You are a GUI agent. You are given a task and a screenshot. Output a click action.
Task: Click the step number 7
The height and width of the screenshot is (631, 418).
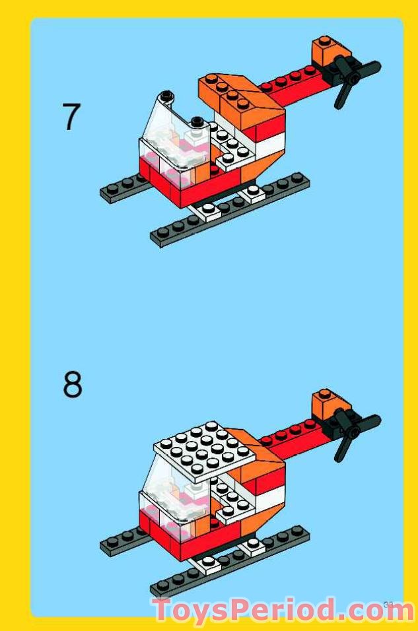71,117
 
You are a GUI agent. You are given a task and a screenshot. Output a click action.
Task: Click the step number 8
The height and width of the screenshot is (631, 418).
73,384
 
